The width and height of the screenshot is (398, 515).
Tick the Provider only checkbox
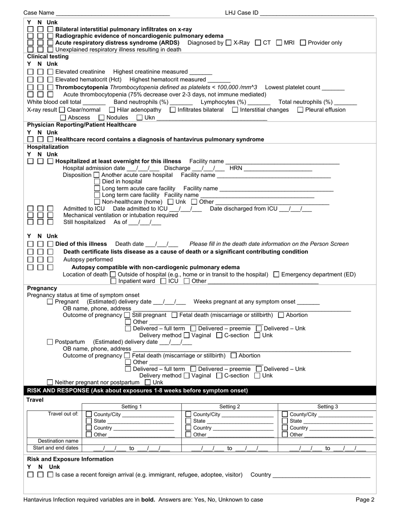[x=303, y=42]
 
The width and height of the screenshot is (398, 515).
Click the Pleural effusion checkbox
[x=300, y=110]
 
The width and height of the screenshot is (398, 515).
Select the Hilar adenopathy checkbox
[x=111, y=110]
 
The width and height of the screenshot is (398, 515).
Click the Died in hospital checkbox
[x=97, y=181]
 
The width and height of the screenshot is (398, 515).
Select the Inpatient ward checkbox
[x=114, y=281]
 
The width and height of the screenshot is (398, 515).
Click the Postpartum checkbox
[x=50, y=342]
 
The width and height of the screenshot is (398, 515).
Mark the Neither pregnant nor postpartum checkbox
[x=50, y=382]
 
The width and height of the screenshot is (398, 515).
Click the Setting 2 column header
[x=230, y=407]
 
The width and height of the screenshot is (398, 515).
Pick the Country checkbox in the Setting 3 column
[x=285, y=427]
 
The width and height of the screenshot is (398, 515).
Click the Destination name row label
[x=58, y=441]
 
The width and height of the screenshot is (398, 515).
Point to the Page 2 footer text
[x=365, y=499]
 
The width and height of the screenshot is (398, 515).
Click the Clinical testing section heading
[x=48, y=56]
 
